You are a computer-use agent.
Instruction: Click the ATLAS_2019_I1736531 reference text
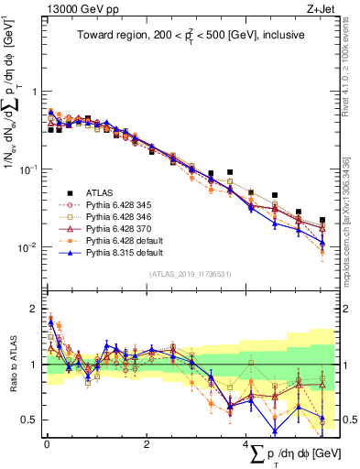[x=188, y=274]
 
